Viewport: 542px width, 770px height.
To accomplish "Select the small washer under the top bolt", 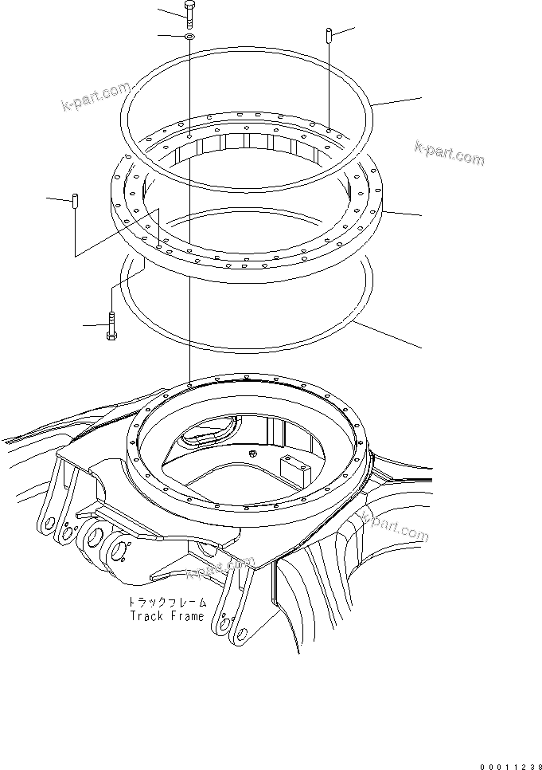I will tap(189, 37).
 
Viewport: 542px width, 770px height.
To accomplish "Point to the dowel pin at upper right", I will tap(327, 37).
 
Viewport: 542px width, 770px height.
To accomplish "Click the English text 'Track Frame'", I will tap(166, 616).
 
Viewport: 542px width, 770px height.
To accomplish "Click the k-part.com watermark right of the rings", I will tap(449, 153).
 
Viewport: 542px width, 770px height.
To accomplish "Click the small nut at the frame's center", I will tap(252, 454).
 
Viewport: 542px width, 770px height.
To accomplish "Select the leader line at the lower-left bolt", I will tap(93, 325).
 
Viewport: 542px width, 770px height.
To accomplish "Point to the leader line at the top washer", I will tap(170, 37).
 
